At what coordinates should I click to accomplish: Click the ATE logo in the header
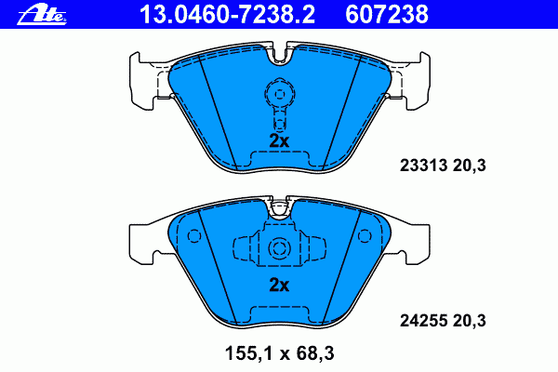click(42, 15)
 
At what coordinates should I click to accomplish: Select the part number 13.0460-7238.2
click(228, 15)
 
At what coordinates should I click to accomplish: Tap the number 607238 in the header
click(387, 15)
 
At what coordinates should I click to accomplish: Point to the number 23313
click(423, 166)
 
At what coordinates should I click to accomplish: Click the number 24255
click(423, 321)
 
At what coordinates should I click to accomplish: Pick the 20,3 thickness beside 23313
click(470, 166)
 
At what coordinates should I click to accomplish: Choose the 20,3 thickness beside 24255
click(470, 321)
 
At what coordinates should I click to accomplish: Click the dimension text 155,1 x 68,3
click(279, 353)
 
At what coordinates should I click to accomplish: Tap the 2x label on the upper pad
click(279, 141)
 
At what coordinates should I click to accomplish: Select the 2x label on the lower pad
click(279, 285)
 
